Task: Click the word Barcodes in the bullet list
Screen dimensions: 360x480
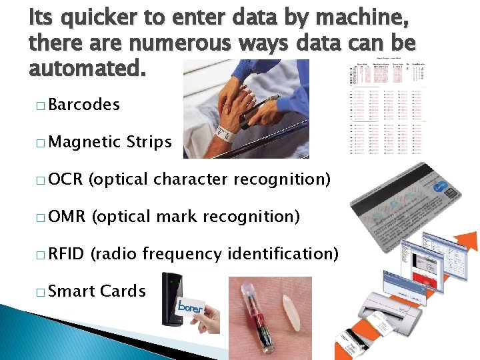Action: point(83,105)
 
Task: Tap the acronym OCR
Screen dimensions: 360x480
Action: point(65,179)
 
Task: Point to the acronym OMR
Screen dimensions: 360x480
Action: point(67,217)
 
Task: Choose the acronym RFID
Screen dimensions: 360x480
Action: point(66,254)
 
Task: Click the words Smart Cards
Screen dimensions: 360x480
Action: point(97,291)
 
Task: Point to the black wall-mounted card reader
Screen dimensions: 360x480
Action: point(171,300)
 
